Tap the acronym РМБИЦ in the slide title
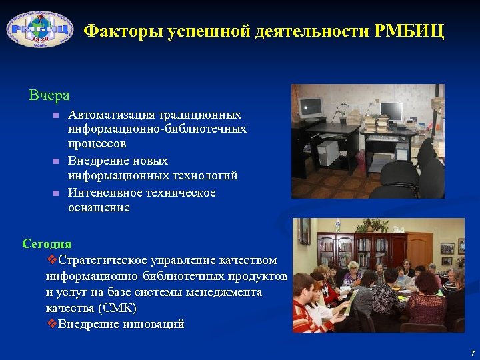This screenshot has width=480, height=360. point(413,31)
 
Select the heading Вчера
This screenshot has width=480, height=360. point(49,95)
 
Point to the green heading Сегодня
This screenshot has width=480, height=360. point(47,244)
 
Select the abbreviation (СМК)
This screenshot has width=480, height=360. point(117,308)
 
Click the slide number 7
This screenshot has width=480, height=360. point(471,352)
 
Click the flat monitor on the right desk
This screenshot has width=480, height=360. point(391,111)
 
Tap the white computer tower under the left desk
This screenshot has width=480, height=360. point(328,153)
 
